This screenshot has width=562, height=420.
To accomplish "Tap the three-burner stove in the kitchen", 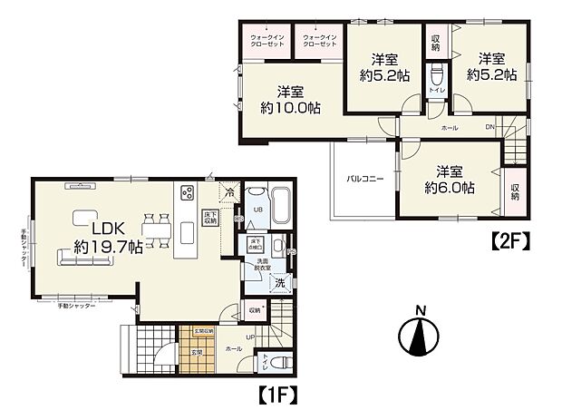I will point(188,193).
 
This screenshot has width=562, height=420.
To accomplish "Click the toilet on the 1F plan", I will point(280,361).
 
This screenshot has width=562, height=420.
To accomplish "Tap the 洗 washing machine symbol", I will point(280,283).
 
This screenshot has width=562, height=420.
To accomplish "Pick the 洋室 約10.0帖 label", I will point(290,99).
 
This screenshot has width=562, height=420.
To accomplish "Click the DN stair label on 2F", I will point(489,127).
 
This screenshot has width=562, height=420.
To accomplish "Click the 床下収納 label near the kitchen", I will point(210,216).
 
